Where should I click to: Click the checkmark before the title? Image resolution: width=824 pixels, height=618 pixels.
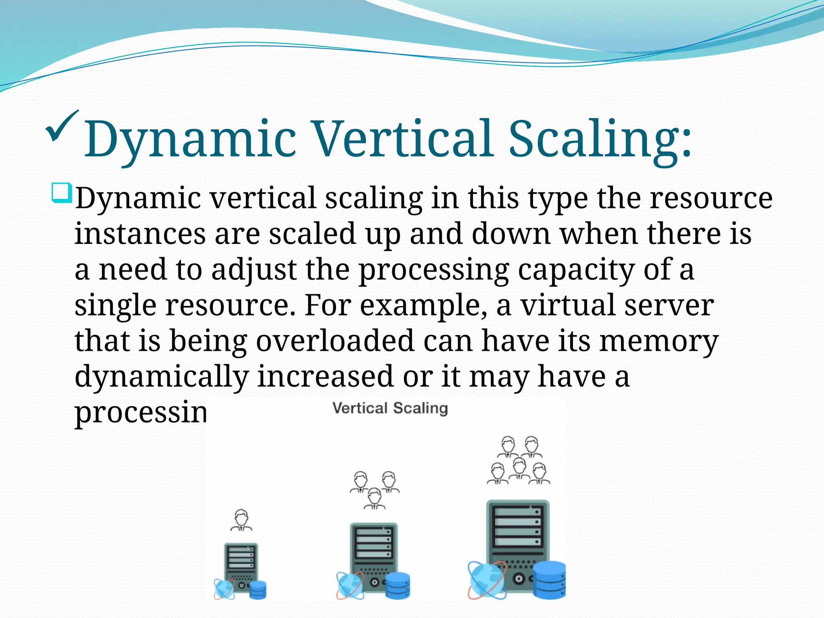tap(61, 130)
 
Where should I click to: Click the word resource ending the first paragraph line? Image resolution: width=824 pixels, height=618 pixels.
tap(711, 198)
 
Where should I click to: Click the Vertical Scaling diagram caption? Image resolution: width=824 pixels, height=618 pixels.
tap(390, 408)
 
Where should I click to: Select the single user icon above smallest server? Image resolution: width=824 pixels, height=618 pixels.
tap(241, 520)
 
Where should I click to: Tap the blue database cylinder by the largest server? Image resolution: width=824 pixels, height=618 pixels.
tap(549, 579)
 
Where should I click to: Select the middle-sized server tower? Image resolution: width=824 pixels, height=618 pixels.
tap(374, 551)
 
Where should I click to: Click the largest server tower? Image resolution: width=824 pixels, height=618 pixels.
tap(517, 535)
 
